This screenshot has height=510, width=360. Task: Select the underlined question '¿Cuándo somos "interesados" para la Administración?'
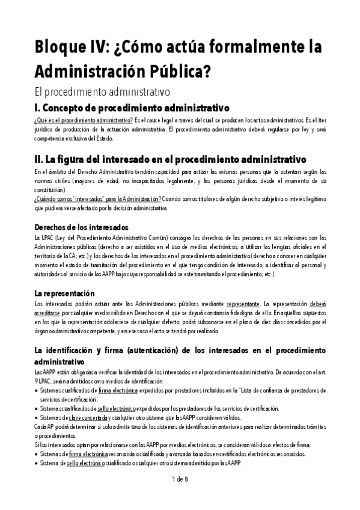pyautogui.click(x=97, y=198)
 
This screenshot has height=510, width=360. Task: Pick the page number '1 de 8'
pyautogui.click(x=180, y=479)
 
